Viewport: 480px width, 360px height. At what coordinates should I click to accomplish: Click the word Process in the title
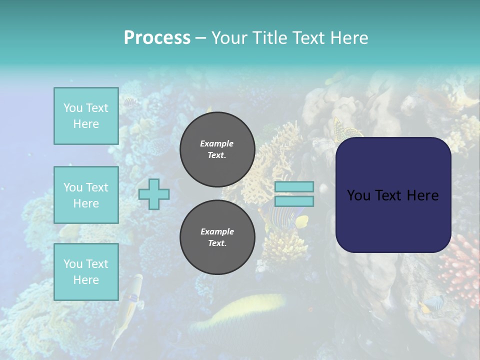pos(157,38)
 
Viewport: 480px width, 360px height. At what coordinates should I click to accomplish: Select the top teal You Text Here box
pos(86,116)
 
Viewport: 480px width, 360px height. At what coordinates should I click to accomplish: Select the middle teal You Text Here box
pos(86,195)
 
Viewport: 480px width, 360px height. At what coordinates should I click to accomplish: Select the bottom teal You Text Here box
pos(86,272)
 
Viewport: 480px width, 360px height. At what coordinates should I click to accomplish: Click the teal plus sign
pos(154,194)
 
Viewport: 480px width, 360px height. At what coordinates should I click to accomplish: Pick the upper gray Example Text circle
pos(217,149)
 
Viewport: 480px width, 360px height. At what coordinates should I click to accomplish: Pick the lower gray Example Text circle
pos(217,237)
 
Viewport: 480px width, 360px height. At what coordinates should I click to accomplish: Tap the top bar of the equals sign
pos(294,186)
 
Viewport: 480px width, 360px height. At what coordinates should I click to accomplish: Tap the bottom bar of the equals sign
pos(294,201)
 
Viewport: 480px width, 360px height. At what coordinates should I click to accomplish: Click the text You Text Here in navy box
pos(393,195)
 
